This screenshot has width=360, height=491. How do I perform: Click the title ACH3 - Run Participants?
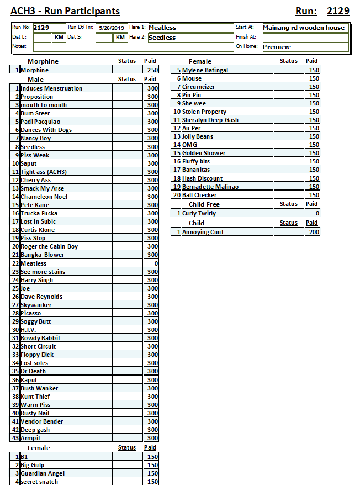(x=65, y=11)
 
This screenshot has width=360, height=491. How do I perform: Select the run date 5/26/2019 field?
(x=112, y=28)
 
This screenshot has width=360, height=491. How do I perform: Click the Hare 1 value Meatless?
(x=162, y=28)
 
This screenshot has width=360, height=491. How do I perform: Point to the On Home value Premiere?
(x=277, y=47)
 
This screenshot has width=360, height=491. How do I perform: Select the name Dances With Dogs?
(x=46, y=130)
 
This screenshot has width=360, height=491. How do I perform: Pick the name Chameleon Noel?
(x=44, y=197)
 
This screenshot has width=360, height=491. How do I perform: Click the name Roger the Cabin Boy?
(x=49, y=246)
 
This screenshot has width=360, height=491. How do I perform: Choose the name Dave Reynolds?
(x=41, y=297)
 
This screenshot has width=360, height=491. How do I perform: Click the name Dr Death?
(x=34, y=371)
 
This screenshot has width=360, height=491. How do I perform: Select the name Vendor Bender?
(x=42, y=421)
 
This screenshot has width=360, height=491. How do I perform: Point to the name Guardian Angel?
(x=43, y=473)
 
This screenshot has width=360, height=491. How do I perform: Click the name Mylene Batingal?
(x=205, y=70)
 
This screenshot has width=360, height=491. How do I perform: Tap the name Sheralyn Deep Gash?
(x=210, y=120)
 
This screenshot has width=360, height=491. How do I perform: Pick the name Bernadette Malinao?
(x=210, y=187)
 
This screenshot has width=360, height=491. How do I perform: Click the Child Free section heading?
(x=204, y=204)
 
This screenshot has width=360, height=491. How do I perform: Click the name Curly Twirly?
(x=199, y=213)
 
